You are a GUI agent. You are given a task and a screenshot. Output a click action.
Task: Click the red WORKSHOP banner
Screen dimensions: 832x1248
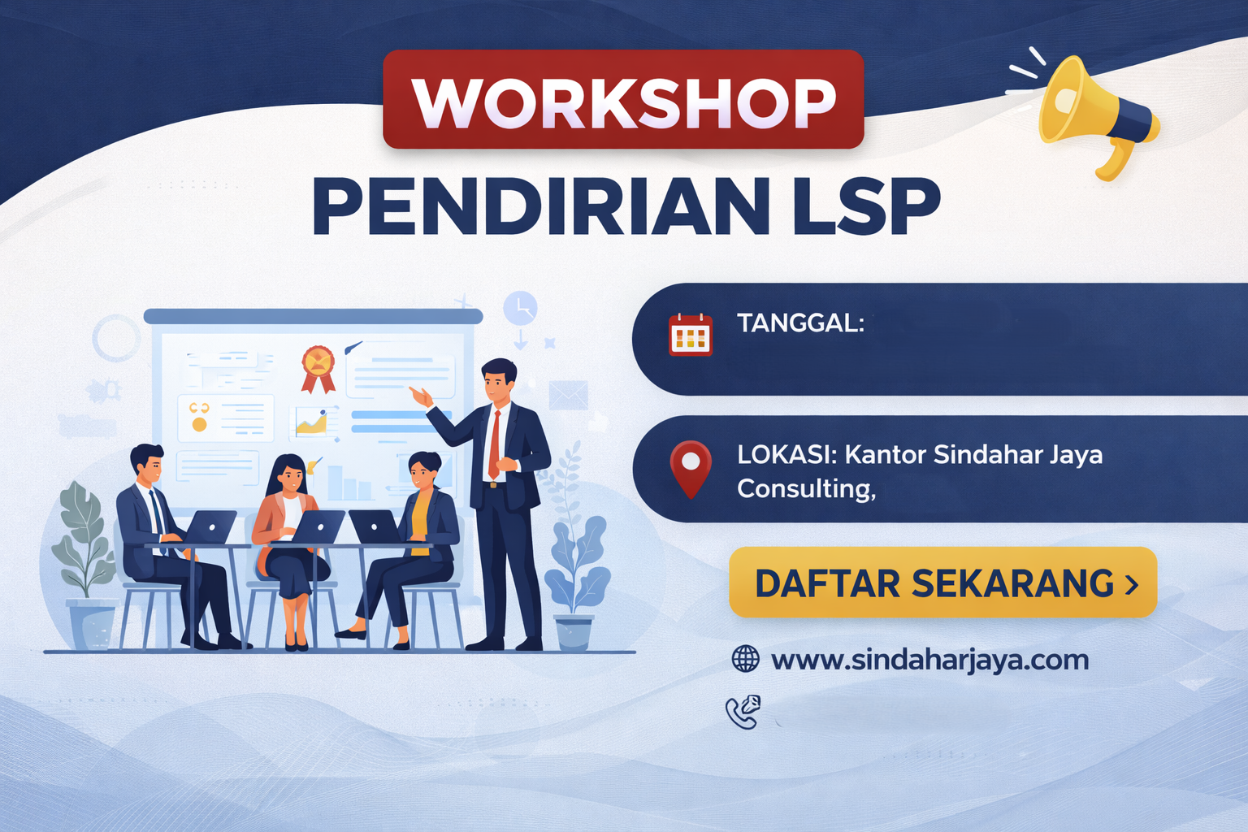click(x=623, y=100)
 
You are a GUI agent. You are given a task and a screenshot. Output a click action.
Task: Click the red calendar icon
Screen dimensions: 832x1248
click(x=690, y=335)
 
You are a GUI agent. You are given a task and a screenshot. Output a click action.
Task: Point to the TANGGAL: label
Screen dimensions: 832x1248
click(x=800, y=323)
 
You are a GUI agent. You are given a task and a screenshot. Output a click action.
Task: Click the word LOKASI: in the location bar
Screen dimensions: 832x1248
click(x=786, y=454)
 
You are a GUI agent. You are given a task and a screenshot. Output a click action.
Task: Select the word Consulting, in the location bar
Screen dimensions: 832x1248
click(x=806, y=489)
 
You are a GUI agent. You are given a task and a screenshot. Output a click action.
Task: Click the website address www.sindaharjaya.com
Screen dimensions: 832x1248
click(x=929, y=660)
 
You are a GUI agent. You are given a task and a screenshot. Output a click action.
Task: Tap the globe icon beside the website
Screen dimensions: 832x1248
click(x=745, y=659)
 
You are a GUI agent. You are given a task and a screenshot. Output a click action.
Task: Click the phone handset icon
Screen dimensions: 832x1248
click(x=743, y=712)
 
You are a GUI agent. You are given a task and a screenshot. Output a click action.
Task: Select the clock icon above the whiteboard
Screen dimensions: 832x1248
click(x=520, y=308)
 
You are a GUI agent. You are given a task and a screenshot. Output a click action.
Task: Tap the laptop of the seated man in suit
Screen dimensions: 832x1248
click(x=210, y=528)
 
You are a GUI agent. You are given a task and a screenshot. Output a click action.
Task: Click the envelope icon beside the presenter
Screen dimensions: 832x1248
click(x=568, y=396)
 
